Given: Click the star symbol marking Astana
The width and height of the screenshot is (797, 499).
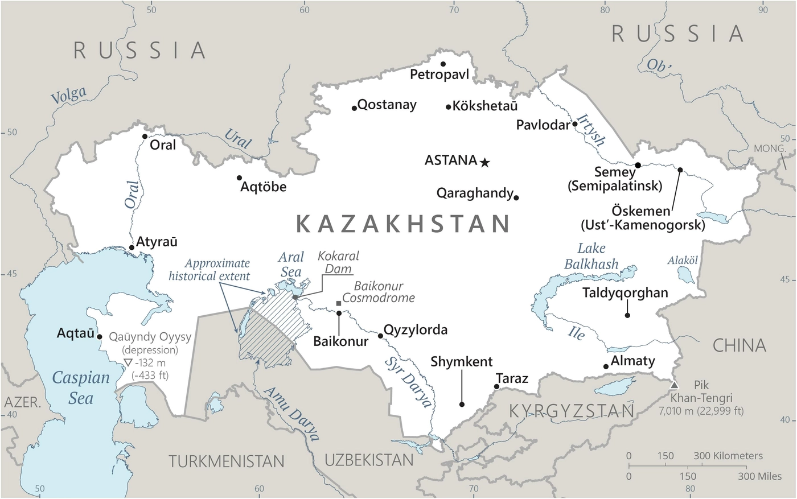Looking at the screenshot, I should tap(484, 163).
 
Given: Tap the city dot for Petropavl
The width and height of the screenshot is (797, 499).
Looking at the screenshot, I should tap(443, 64).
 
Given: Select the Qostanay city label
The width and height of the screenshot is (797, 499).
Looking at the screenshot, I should tap(387, 105).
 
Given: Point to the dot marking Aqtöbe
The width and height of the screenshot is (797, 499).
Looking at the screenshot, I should tap(240, 178).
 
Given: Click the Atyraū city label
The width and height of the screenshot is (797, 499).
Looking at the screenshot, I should tap(157, 241).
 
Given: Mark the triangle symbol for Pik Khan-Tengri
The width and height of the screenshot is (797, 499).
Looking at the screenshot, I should tap(675, 385).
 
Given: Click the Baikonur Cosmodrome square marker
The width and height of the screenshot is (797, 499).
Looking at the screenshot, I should tap(339, 303).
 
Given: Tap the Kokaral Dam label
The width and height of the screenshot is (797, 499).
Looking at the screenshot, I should tap(338, 262).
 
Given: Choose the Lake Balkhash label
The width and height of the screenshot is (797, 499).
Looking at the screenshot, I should tap(591, 257).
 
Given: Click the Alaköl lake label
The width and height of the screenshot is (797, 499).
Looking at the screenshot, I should tap(683, 260).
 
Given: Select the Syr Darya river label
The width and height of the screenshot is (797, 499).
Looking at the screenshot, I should tap(408, 382).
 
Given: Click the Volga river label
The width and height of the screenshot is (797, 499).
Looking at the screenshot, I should tap(69, 95).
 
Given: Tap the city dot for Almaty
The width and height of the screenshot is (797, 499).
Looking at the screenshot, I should tap(606, 366).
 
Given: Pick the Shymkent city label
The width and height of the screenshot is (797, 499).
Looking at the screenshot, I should tap(462, 362).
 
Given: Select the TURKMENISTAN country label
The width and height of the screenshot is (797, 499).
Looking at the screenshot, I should tap(226, 461).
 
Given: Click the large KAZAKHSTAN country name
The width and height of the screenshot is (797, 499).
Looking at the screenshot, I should tap(403, 224).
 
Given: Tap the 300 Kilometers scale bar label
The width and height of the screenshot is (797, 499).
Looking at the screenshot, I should tap(728, 456).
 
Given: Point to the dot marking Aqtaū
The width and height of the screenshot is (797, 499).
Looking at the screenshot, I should tap(100, 336).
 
